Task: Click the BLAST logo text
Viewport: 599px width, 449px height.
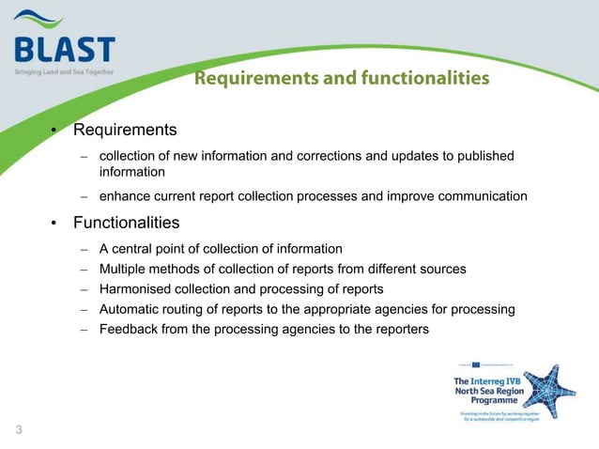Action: (x=65, y=48)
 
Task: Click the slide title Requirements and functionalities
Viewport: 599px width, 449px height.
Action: (x=342, y=79)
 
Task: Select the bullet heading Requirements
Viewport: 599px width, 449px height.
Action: (x=125, y=129)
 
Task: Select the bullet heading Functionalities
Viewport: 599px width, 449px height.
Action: (x=126, y=223)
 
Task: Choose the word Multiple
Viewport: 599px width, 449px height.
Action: (x=126, y=269)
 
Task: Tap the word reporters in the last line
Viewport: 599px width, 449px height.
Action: (x=399, y=329)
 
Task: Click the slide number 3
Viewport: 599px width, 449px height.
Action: (x=18, y=431)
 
